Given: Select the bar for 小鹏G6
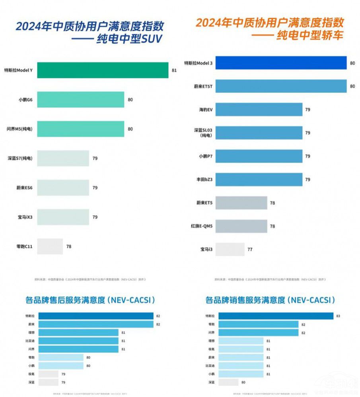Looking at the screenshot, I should coord(81,99).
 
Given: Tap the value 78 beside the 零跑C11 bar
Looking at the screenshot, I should coord(69,246).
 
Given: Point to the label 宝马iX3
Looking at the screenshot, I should coord(24,217).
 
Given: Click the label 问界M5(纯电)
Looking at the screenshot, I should coord(20,129).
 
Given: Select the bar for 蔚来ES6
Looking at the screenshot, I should coord(63,188).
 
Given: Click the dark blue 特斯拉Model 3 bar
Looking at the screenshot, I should coord(271,63).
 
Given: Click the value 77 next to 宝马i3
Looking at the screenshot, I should coord(250,250).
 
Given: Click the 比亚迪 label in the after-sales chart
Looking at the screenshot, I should coord(29,341).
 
